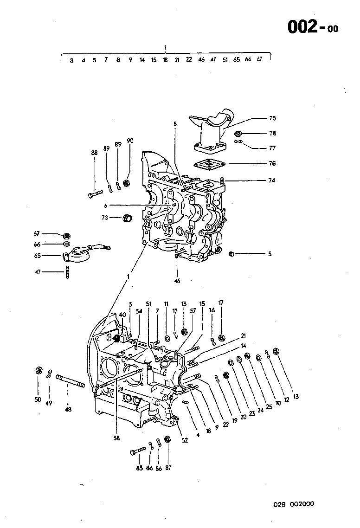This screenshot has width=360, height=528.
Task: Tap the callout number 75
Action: coord(272,118)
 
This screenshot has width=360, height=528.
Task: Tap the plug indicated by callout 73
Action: coord(127,217)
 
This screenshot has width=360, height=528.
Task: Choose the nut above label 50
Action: coord(39,370)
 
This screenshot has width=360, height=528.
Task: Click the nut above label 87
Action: coord(168,438)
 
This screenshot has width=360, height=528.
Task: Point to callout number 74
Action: coord(272,180)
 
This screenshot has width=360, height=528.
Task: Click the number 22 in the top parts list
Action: coord(189,60)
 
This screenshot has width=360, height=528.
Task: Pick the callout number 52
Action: coord(185,440)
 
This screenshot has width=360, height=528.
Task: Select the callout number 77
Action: coord(272,148)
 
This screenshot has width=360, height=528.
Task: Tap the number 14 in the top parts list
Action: coord(142,60)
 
